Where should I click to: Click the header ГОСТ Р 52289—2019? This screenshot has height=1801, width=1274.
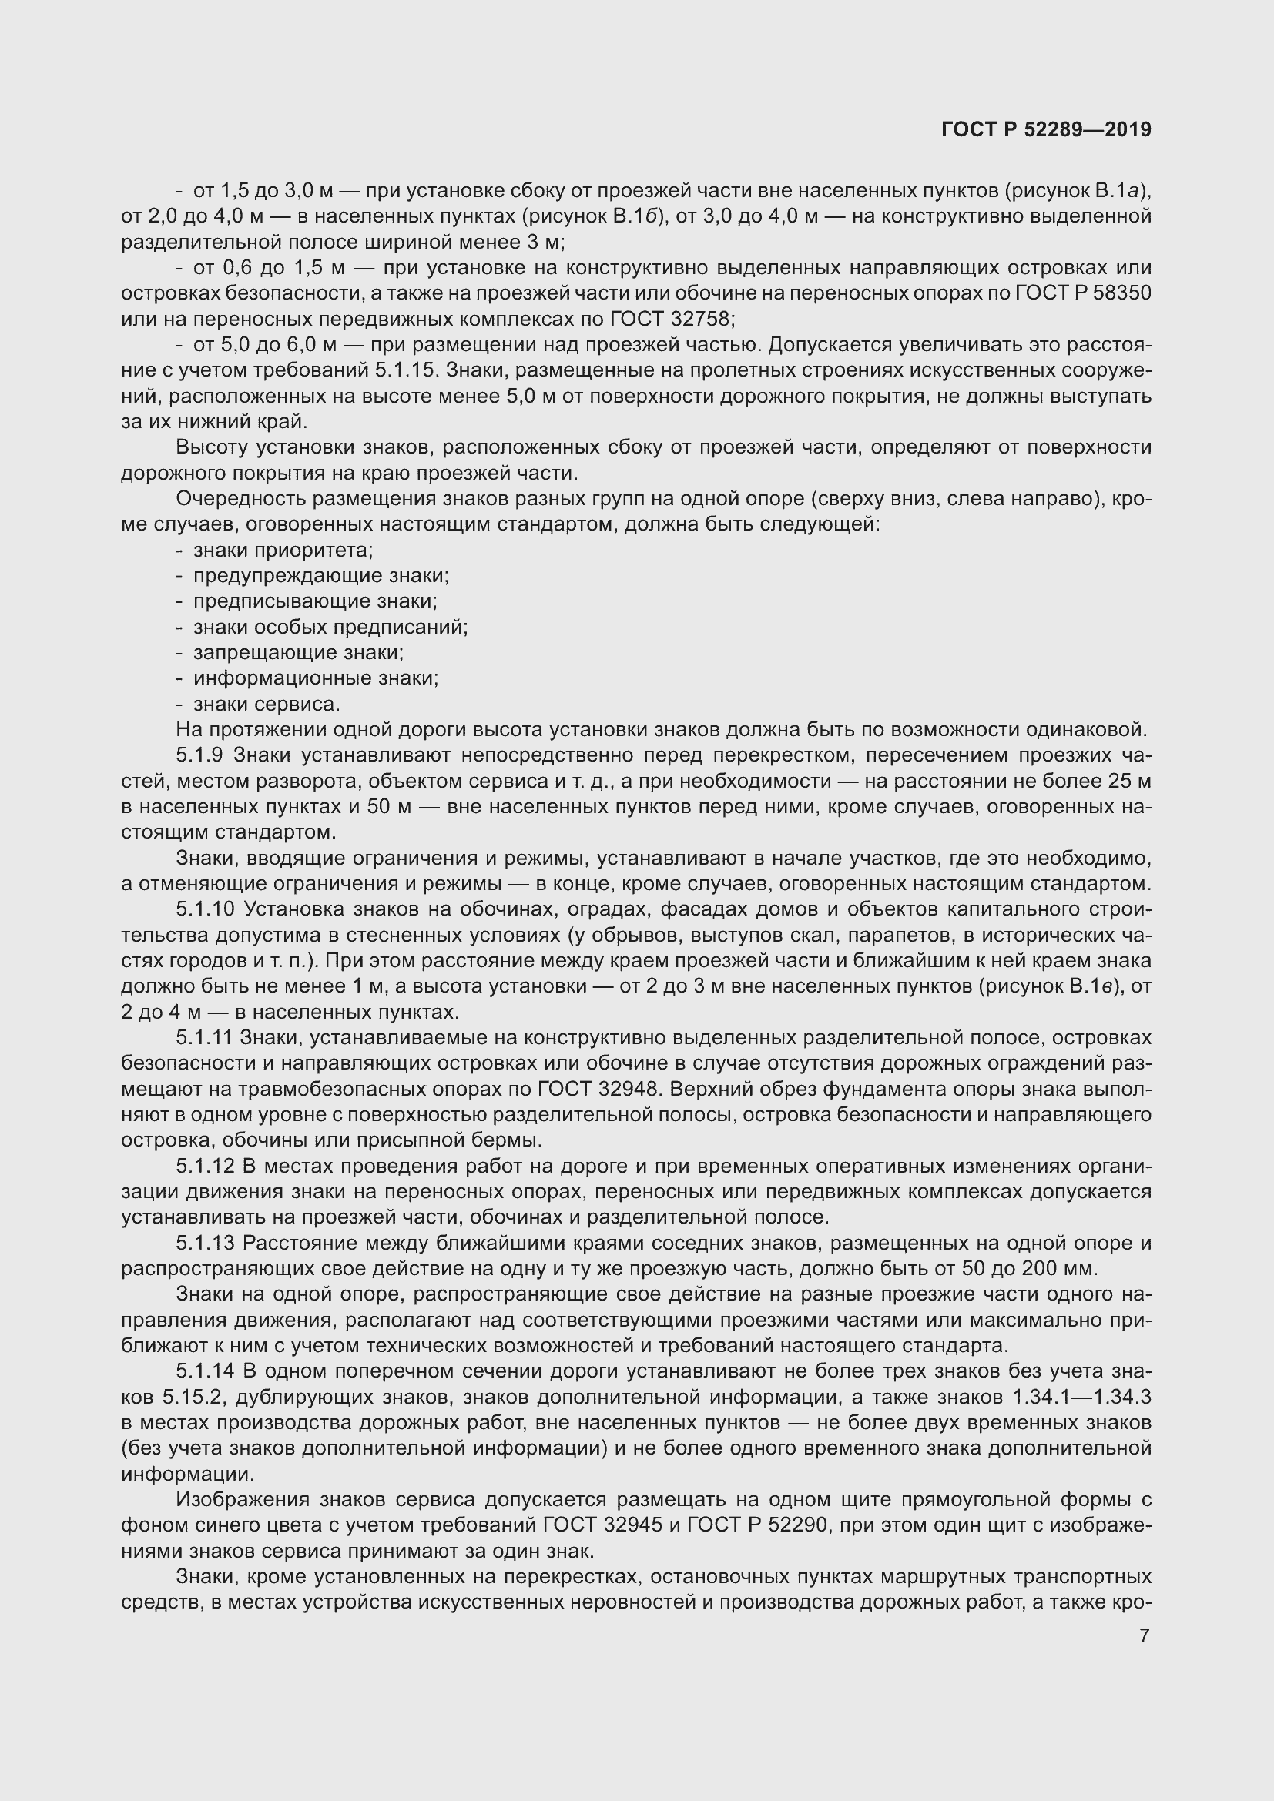coord(1046,130)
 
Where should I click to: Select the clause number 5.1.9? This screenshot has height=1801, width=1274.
coord(200,755)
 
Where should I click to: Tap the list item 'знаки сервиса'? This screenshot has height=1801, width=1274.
coord(267,704)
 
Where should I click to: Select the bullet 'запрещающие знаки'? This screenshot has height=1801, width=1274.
coord(299,653)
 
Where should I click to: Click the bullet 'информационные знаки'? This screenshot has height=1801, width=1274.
coord(316,678)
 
